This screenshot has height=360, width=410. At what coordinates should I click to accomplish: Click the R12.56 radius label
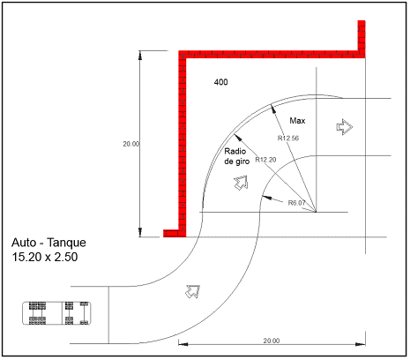pyautogui.click(x=288, y=138)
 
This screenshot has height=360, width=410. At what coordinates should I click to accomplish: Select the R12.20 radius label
pyautogui.click(x=265, y=160)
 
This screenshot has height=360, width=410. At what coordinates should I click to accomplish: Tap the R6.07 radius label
pyautogui.click(x=296, y=203)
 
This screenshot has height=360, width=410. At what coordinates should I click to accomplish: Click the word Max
pyautogui.click(x=297, y=121)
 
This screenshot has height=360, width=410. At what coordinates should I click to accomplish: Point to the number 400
pyautogui.click(x=220, y=82)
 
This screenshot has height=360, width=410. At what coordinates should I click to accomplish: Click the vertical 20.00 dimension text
pyautogui.click(x=131, y=144)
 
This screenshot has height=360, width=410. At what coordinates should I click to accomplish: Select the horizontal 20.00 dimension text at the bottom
pyautogui.click(x=272, y=341)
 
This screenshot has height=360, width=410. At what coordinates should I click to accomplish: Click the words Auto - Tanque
pyautogui.click(x=48, y=243)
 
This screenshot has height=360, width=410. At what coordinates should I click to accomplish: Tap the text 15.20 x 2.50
pyautogui.click(x=45, y=257)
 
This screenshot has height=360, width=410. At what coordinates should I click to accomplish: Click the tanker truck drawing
pyautogui.click(x=56, y=313)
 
